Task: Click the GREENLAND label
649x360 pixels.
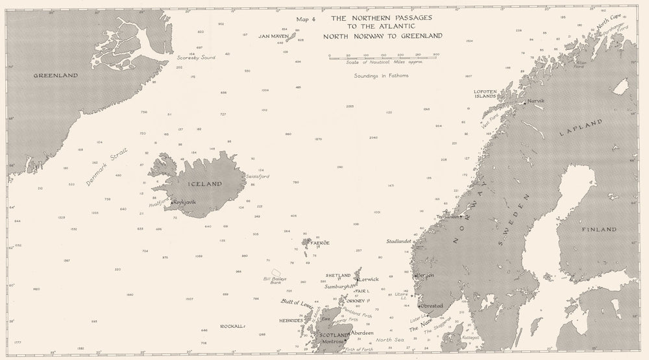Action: (x=56, y=76)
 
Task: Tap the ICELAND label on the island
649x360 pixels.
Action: (x=204, y=184)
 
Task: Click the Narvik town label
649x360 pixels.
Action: (x=536, y=101)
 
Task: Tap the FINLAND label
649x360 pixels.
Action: (x=600, y=230)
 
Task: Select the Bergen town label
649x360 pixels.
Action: (x=425, y=275)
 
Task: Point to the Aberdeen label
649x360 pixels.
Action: (x=362, y=332)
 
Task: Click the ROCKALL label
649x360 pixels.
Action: (x=232, y=326)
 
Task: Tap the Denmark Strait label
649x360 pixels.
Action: (x=108, y=167)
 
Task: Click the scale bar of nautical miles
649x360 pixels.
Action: (x=384, y=57)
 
